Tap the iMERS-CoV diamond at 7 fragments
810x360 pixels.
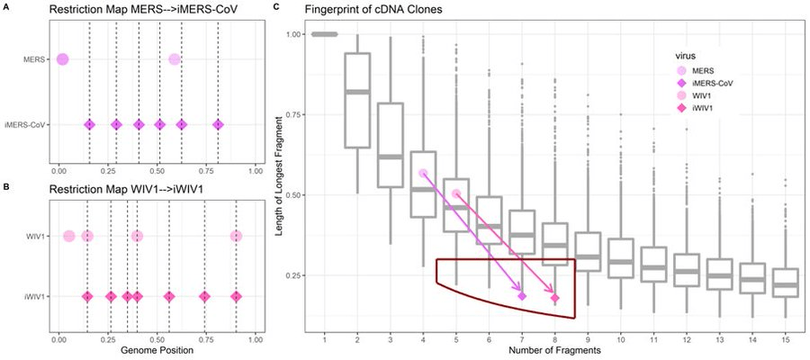[x=522, y=295]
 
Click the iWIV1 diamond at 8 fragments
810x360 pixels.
[x=555, y=298]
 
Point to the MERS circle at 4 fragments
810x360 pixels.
[x=423, y=173]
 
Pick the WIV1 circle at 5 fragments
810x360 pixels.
[x=456, y=193]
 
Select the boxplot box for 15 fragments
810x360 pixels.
[x=786, y=283]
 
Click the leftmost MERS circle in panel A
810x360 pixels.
[x=62, y=59]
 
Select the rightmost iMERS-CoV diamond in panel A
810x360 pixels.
[x=217, y=125]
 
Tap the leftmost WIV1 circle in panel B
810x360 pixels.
[x=68, y=237]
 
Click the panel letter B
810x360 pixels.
[x=5, y=188]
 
